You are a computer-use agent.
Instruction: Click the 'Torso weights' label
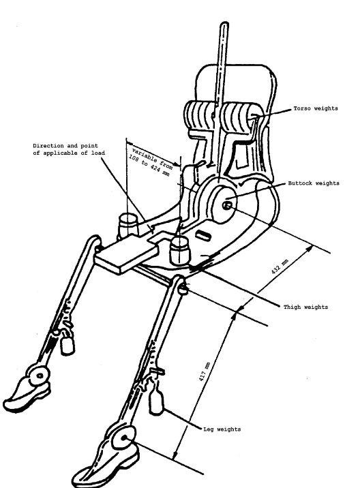pyautogui.click(x=316, y=108)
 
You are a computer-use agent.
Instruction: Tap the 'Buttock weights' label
pyautogui.click(x=314, y=183)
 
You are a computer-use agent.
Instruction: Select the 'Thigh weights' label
pyautogui.click(x=305, y=307)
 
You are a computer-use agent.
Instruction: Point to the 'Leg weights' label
pyautogui.click(x=222, y=429)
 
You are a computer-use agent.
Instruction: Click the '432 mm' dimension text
pyautogui.click(x=280, y=266)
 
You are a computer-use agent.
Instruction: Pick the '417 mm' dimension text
pyautogui.click(x=204, y=372)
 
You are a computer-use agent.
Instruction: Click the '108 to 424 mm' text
pyautogui.click(x=149, y=165)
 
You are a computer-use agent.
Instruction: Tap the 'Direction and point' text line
pyautogui.click(x=65, y=145)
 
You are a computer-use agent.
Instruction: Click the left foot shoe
pyautogui.click(x=27, y=394)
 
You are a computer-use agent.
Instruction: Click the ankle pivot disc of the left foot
pyautogui.click(x=40, y=376)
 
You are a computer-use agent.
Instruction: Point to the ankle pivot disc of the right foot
pyautogui.click(x=124, y=438)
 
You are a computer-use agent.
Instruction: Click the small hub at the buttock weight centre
pyautogui.click(x=227, y=205)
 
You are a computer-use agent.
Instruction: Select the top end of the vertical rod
pyautogui.click(x=224, y=23)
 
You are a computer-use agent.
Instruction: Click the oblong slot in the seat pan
pyautogui.click(x=204, y=235)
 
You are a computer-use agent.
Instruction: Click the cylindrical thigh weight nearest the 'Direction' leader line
pyautogui.click(x=128, y=226)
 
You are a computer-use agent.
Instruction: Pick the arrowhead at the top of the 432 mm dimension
pyautogui.click(x=310, y=248)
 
